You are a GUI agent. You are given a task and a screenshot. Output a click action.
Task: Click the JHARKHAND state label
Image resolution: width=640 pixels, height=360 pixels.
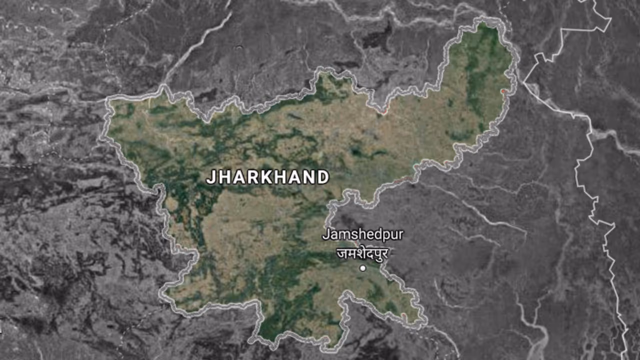point(268,177)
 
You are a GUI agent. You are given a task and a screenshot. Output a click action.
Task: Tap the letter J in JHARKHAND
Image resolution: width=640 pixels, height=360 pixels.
point(210,177)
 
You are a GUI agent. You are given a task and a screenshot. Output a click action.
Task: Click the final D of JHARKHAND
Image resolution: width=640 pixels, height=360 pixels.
point(323,177)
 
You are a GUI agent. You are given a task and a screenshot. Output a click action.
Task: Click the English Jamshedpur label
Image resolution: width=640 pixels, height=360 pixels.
point(362,234)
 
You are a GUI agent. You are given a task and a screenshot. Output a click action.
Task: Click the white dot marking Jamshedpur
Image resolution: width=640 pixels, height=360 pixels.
point(362,268)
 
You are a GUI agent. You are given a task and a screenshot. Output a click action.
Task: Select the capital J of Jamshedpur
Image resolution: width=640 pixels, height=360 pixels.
point(326,234)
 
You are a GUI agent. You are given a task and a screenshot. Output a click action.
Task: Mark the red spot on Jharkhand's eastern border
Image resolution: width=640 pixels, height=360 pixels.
point(504,91)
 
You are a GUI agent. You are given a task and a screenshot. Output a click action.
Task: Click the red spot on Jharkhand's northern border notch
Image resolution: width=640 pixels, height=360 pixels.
point(384,112)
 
